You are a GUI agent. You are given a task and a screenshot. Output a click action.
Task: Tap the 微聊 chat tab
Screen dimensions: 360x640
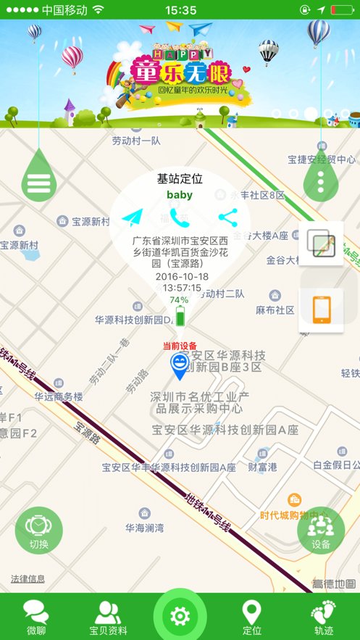tap(35, 617)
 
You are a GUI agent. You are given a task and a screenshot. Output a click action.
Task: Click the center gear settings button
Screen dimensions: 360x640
tap(180, 616)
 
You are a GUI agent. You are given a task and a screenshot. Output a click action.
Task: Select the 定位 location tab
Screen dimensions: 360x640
tap(251, 617)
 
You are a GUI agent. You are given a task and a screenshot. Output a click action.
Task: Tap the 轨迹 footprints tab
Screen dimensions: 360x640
tap(324, 617)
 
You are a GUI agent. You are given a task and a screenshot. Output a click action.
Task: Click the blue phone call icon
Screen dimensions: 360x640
tap(180, 216)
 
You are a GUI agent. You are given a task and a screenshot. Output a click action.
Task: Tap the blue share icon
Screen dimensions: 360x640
tap(227, 216)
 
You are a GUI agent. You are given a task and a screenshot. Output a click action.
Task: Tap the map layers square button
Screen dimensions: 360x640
tap(321, 244)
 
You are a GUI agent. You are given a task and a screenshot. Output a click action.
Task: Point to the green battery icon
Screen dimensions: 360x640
tap(179, 316)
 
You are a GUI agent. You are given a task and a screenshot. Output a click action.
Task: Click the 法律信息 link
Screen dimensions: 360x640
tap(28, 579)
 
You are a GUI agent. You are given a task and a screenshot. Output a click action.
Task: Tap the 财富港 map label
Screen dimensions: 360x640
tap(261, 467)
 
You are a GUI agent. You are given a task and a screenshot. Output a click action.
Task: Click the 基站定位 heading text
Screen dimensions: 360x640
tap(180, 178)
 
